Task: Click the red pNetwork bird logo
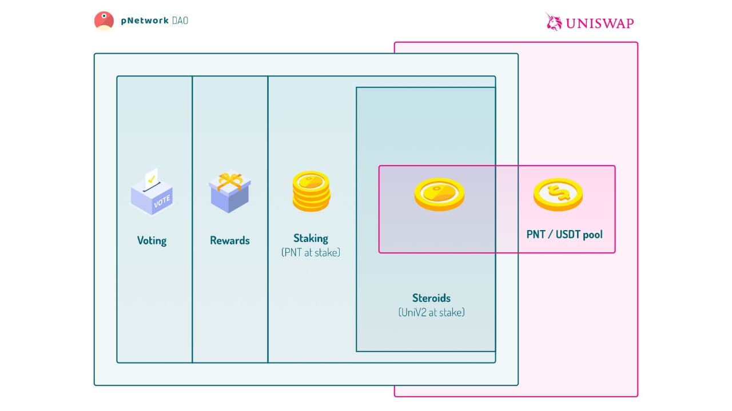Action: (104, 21)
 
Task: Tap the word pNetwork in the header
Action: (145, 21)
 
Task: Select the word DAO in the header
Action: (180, 21)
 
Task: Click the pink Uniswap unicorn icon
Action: (554, 22)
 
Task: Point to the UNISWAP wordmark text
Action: (600, 23)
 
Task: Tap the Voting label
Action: (152, 240)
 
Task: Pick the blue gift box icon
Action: (229, 193)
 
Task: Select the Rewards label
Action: (230, 240)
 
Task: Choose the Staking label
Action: (311, 238)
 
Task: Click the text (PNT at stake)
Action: (311, 252)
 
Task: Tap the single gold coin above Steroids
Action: (439, 194)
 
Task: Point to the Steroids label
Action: (431, 298)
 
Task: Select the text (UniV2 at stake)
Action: (431, 312)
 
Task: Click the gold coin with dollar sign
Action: (558, 194)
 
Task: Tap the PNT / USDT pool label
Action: (564, 234)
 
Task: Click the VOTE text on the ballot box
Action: (162, 200)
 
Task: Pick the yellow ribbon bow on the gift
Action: (229, 180)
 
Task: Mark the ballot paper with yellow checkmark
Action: (152, 178)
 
